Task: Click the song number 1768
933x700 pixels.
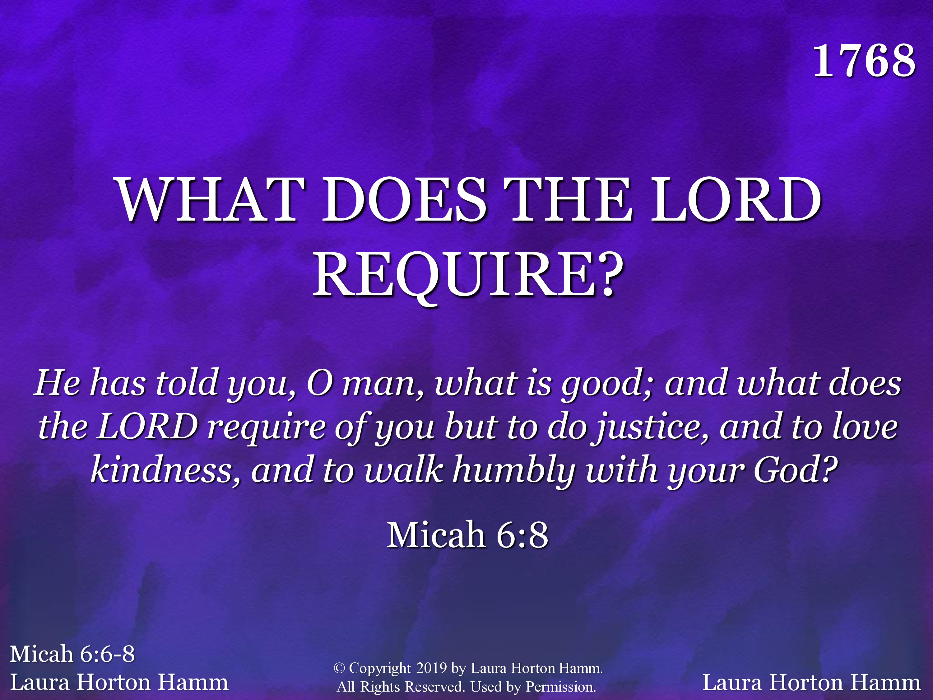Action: (x=864, y=61)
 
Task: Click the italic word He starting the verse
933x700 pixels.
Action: (x=57, y=383)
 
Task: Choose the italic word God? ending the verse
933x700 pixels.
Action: (x=796, y=469)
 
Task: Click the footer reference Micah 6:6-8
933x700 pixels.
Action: (x=72, y=654)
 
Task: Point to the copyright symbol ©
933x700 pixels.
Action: (x=339, y=668)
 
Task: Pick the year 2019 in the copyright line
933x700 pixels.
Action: (x=431, y=668)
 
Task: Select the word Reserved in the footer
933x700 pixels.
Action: (x=434, y=687)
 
